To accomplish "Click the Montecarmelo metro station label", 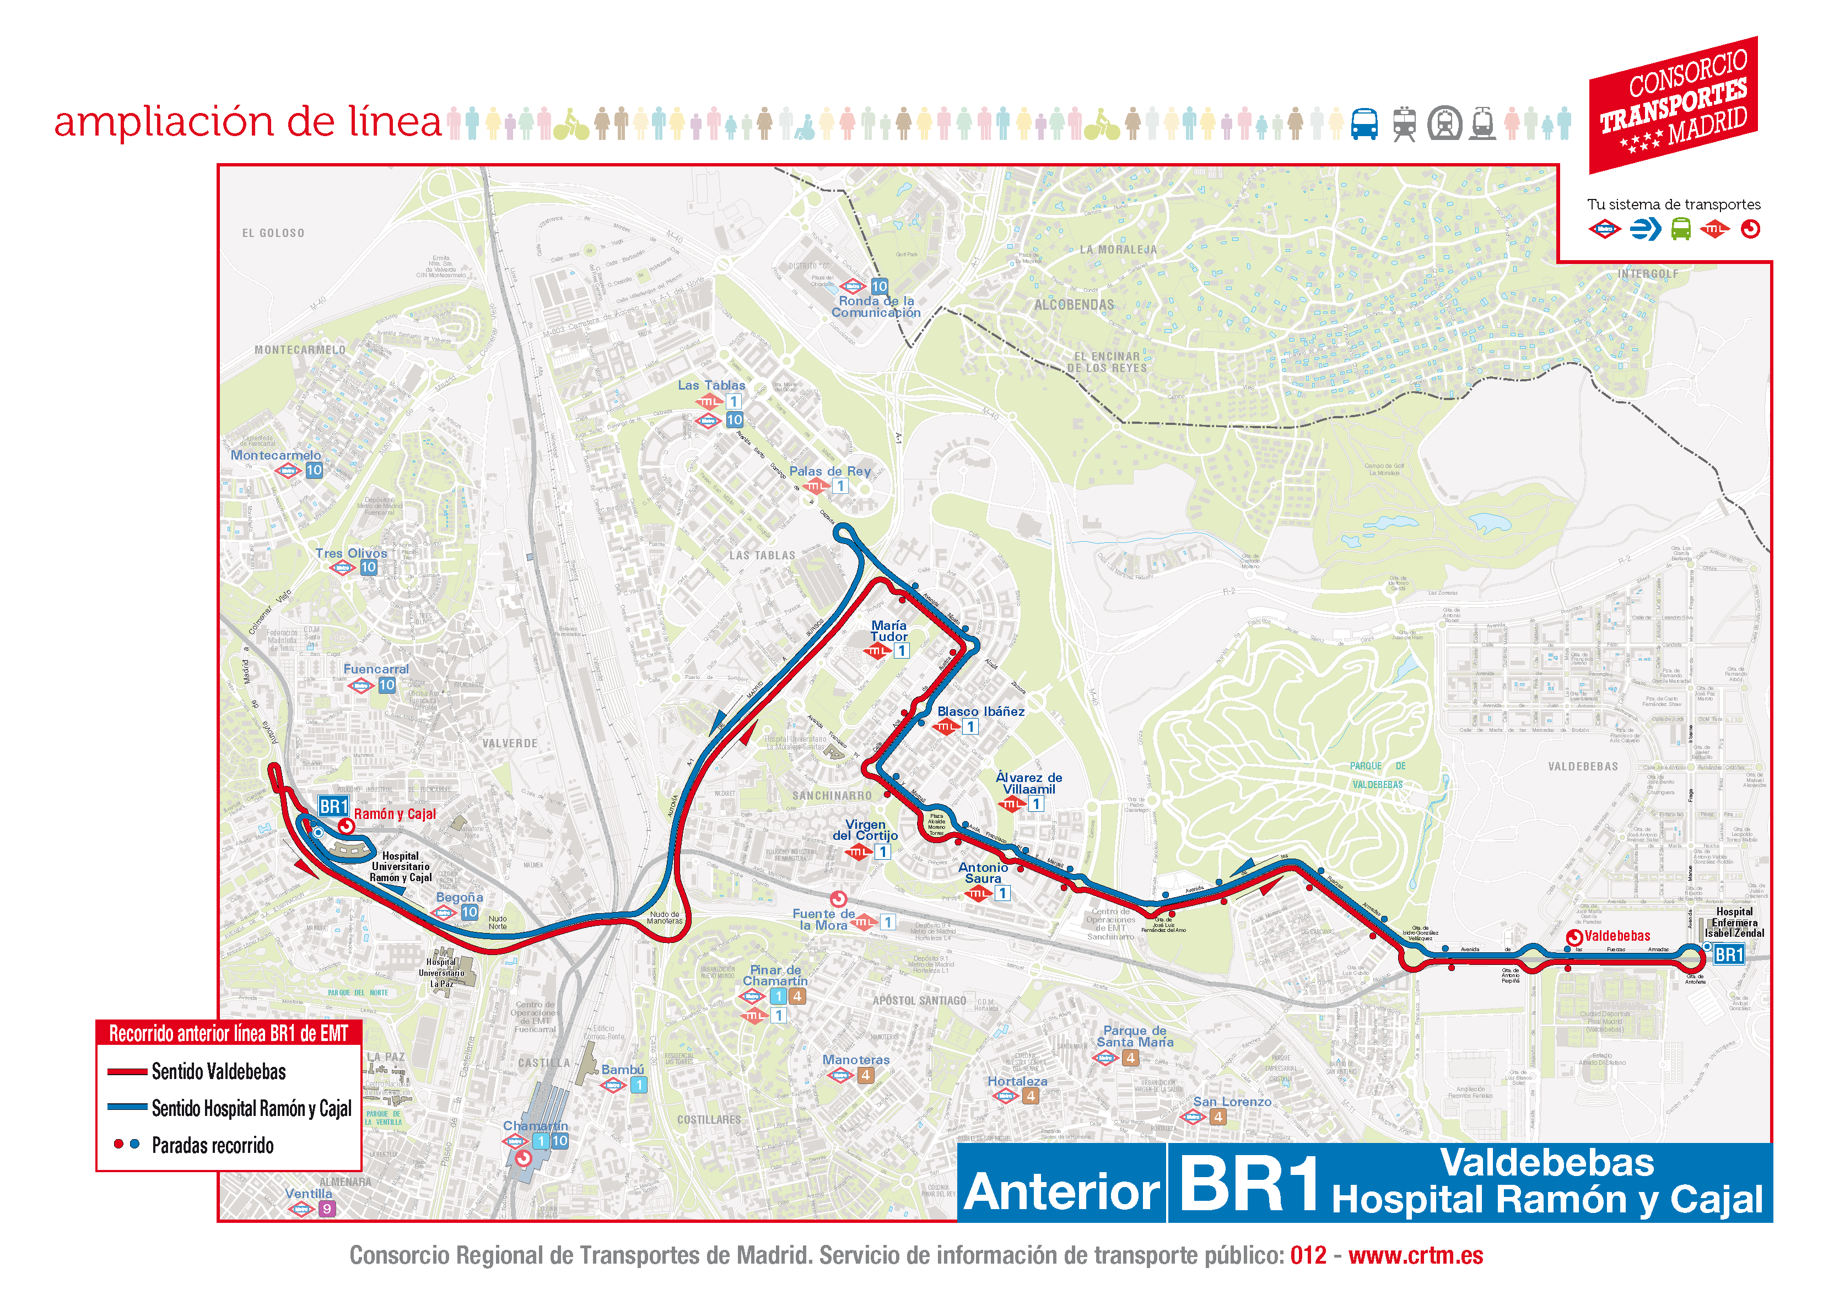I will coord(276,455).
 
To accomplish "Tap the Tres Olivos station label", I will coord(351,553).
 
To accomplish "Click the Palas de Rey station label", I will coord(830,471).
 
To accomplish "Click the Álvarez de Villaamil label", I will coord(1029,783).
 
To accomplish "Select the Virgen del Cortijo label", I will coord(865,830).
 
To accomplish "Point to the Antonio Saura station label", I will coord(983,873).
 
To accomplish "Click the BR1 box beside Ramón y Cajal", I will coord(333,807).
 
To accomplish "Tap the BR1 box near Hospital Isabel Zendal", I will coord(1728,954).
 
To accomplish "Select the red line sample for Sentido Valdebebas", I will coord(127,1071).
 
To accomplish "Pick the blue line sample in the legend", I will coord(127,1107).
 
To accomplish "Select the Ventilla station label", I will coord(309,1193).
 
